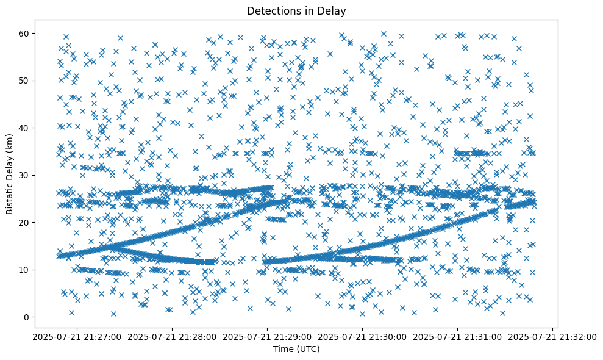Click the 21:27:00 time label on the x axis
pyautogui.click(x=77, y=337)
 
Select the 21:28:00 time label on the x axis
pyautogui.click(x=172, y=337)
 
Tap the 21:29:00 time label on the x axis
pyautogui.click(x=267, y=337)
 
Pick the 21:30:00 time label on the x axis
pyautogui.click(x=363, y=337)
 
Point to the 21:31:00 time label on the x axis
pyautogui.click(x=458, y=337)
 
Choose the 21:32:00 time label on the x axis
pyautogui.click(x=553, y=337)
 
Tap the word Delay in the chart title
pyautogui.click(x=332, y=10)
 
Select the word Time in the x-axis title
pyautogui.click(x=282, y=349)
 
